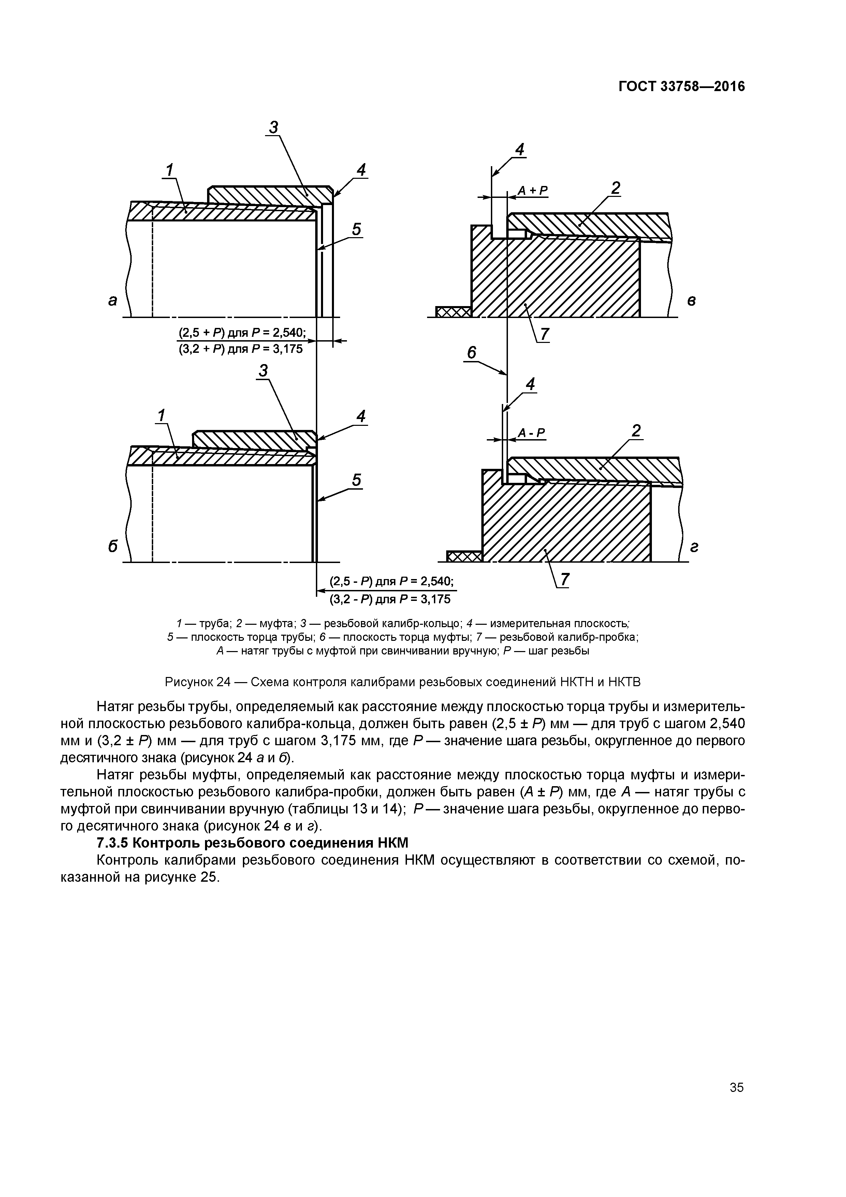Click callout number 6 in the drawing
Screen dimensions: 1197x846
(471, 353)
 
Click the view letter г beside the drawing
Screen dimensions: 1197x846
(694, 547)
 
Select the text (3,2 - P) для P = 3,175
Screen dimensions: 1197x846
(390, 599)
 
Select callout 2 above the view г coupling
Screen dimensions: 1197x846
(636, 431)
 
